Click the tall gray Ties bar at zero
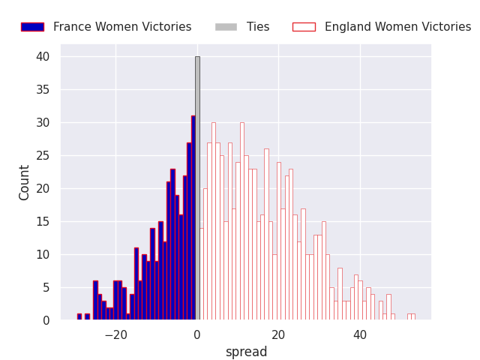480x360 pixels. coord(197,187)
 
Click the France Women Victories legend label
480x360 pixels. coord(122,27)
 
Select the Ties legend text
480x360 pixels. coord(258,27)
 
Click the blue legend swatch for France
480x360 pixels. coord(32,27)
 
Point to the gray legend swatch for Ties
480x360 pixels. coord(226,27)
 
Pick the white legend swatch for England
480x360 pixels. coord(304,27)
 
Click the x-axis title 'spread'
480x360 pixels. coord(246,352)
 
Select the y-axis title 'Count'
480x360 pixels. coord(25,182)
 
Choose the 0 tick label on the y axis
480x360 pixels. coord(46,320)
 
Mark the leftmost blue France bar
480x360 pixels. coord(79,317)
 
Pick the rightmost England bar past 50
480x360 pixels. coord(412,317)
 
